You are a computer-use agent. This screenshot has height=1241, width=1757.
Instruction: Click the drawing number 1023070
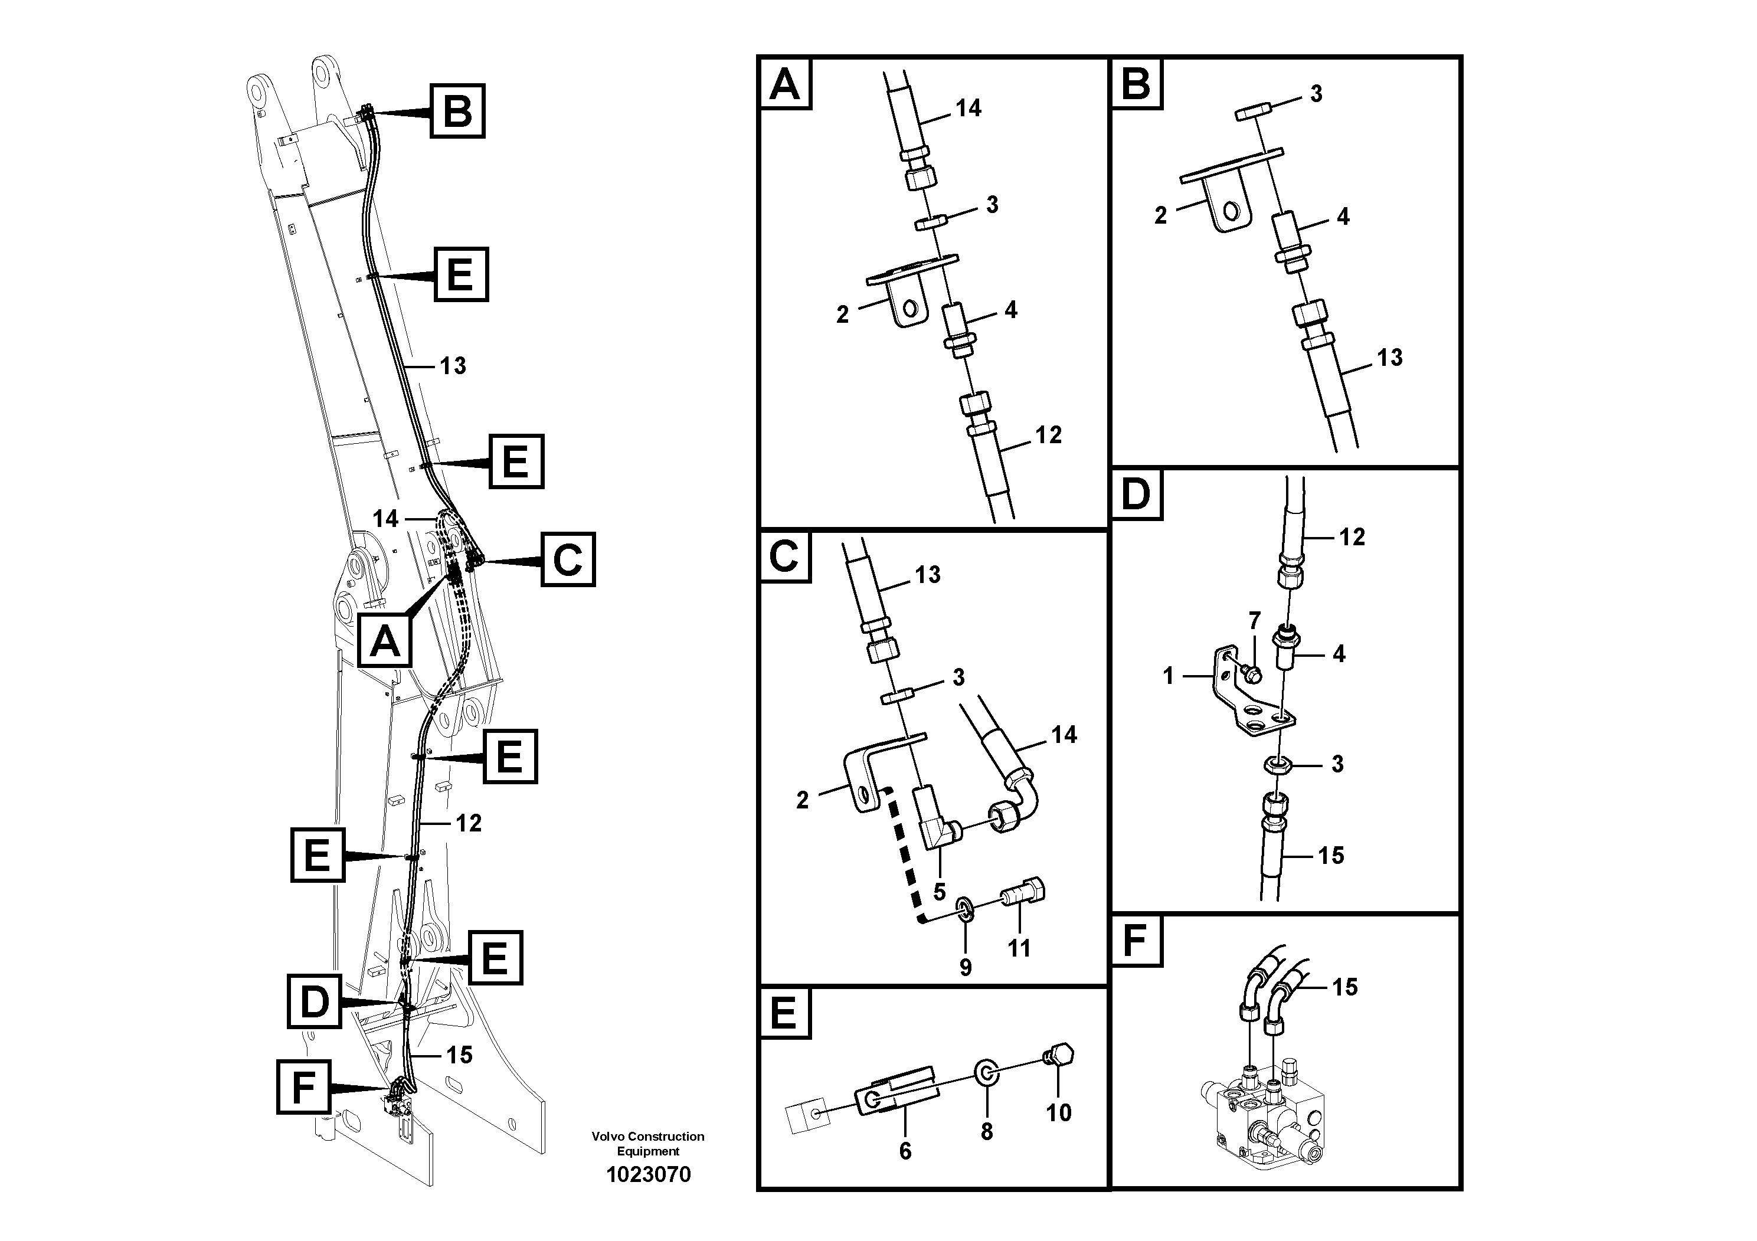click(x=648, y=1174)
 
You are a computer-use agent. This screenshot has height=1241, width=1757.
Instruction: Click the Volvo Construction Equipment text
click(x=648, y=1143)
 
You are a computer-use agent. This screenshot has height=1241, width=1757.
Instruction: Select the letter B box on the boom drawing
click(x=457, y=111)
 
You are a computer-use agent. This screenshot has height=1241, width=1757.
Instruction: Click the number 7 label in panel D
click(x=1254, y=620)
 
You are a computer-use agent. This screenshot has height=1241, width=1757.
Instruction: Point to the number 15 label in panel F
click(x=1344, y=987)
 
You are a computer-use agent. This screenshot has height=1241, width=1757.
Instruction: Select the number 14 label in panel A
click(x=968, y=109)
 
